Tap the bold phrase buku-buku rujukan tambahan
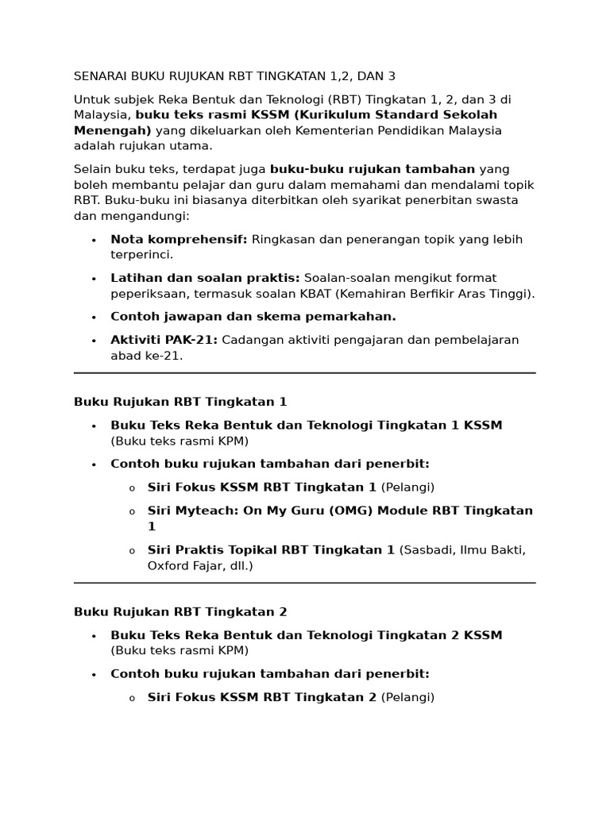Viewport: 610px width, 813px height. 373,169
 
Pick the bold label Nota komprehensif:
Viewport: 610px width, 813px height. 179,240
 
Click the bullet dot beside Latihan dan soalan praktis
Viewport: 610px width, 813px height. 94,279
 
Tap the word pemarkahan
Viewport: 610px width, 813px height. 353,317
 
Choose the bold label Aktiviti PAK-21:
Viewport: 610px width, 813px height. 164,340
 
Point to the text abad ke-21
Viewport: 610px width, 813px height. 146,356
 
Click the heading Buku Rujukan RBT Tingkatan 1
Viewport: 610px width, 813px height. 180,402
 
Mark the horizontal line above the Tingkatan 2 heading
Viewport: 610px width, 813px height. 305,583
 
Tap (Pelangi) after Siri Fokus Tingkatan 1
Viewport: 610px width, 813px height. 407,487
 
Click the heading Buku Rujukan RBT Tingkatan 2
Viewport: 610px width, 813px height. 180,612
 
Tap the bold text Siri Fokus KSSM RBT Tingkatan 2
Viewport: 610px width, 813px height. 262,698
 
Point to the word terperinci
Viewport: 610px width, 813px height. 141,255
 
